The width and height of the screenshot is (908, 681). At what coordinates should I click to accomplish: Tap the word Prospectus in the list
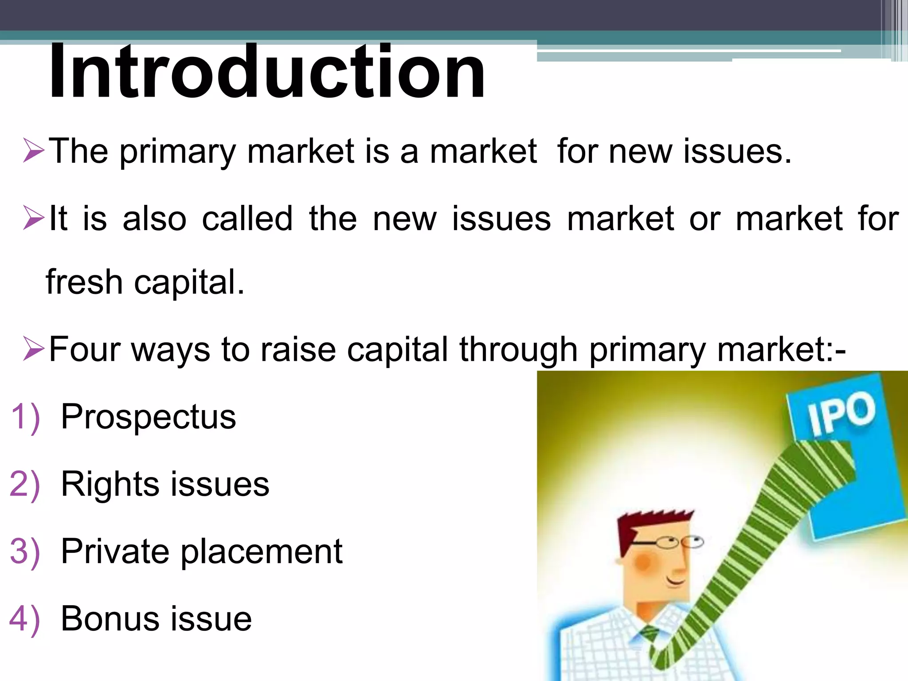tap(148, 417)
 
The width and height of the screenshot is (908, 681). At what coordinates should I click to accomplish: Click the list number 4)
tap(25, 619)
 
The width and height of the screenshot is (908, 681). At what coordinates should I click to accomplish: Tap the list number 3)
tap(25, 552)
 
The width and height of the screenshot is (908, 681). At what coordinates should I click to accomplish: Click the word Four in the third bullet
tap(84, 349)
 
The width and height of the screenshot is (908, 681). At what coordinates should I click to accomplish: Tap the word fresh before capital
tap(84, 282)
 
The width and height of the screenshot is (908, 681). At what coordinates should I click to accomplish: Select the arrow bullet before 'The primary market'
tap(34, 151)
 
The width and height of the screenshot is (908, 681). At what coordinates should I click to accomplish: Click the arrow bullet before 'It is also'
tap(34, 218)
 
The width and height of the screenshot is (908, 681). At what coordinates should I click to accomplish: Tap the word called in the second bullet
tap(247, 218)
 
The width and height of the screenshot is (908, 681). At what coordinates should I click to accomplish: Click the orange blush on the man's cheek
tap(643, 562)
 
